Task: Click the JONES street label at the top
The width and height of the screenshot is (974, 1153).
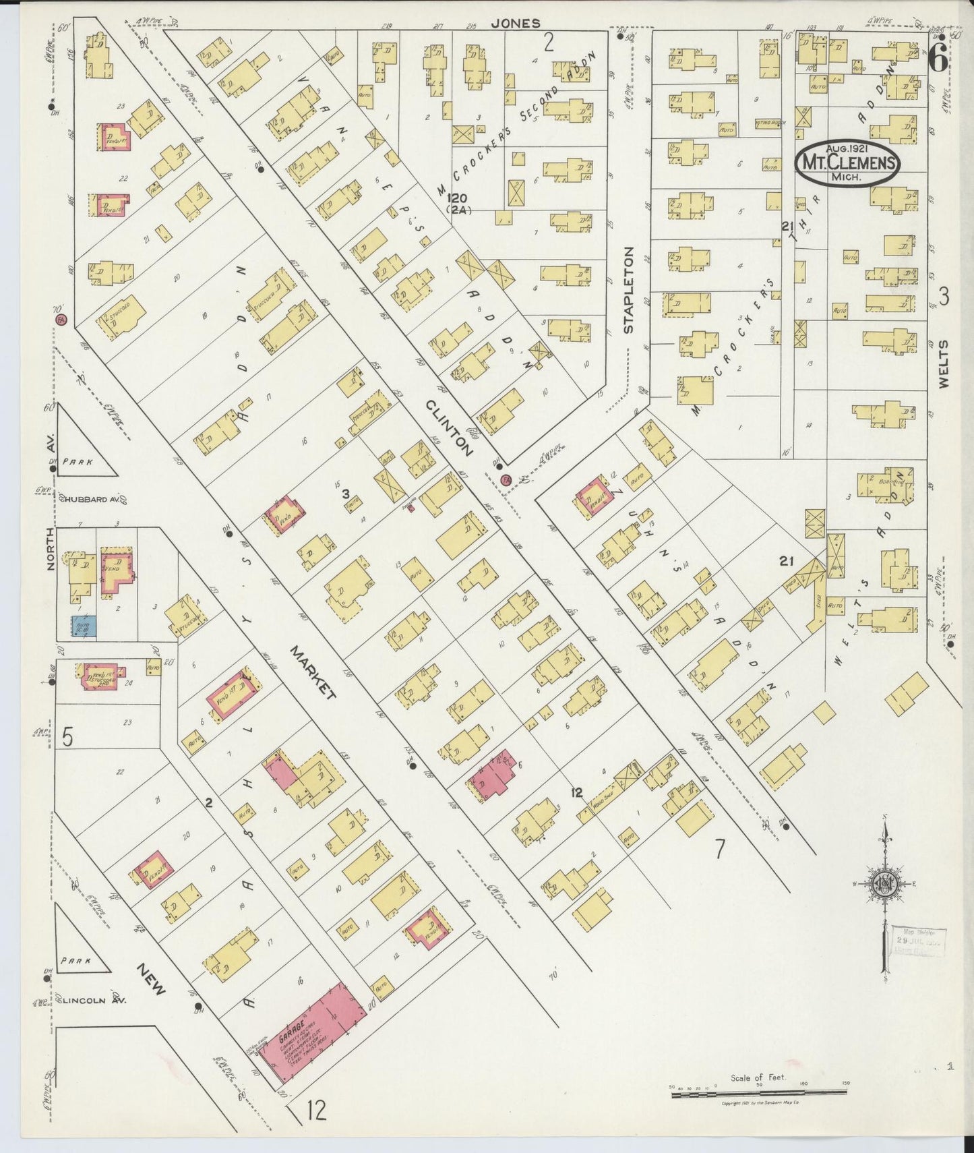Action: pos(515,23)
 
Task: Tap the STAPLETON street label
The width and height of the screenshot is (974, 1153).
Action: pos(628,290)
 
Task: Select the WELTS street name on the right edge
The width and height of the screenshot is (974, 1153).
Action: pos(943,363)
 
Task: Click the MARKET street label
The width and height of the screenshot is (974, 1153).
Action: pos(313,673)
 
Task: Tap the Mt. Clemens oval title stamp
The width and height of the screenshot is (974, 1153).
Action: pos(848,163)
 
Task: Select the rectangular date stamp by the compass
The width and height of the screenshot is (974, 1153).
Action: pos(920,941)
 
